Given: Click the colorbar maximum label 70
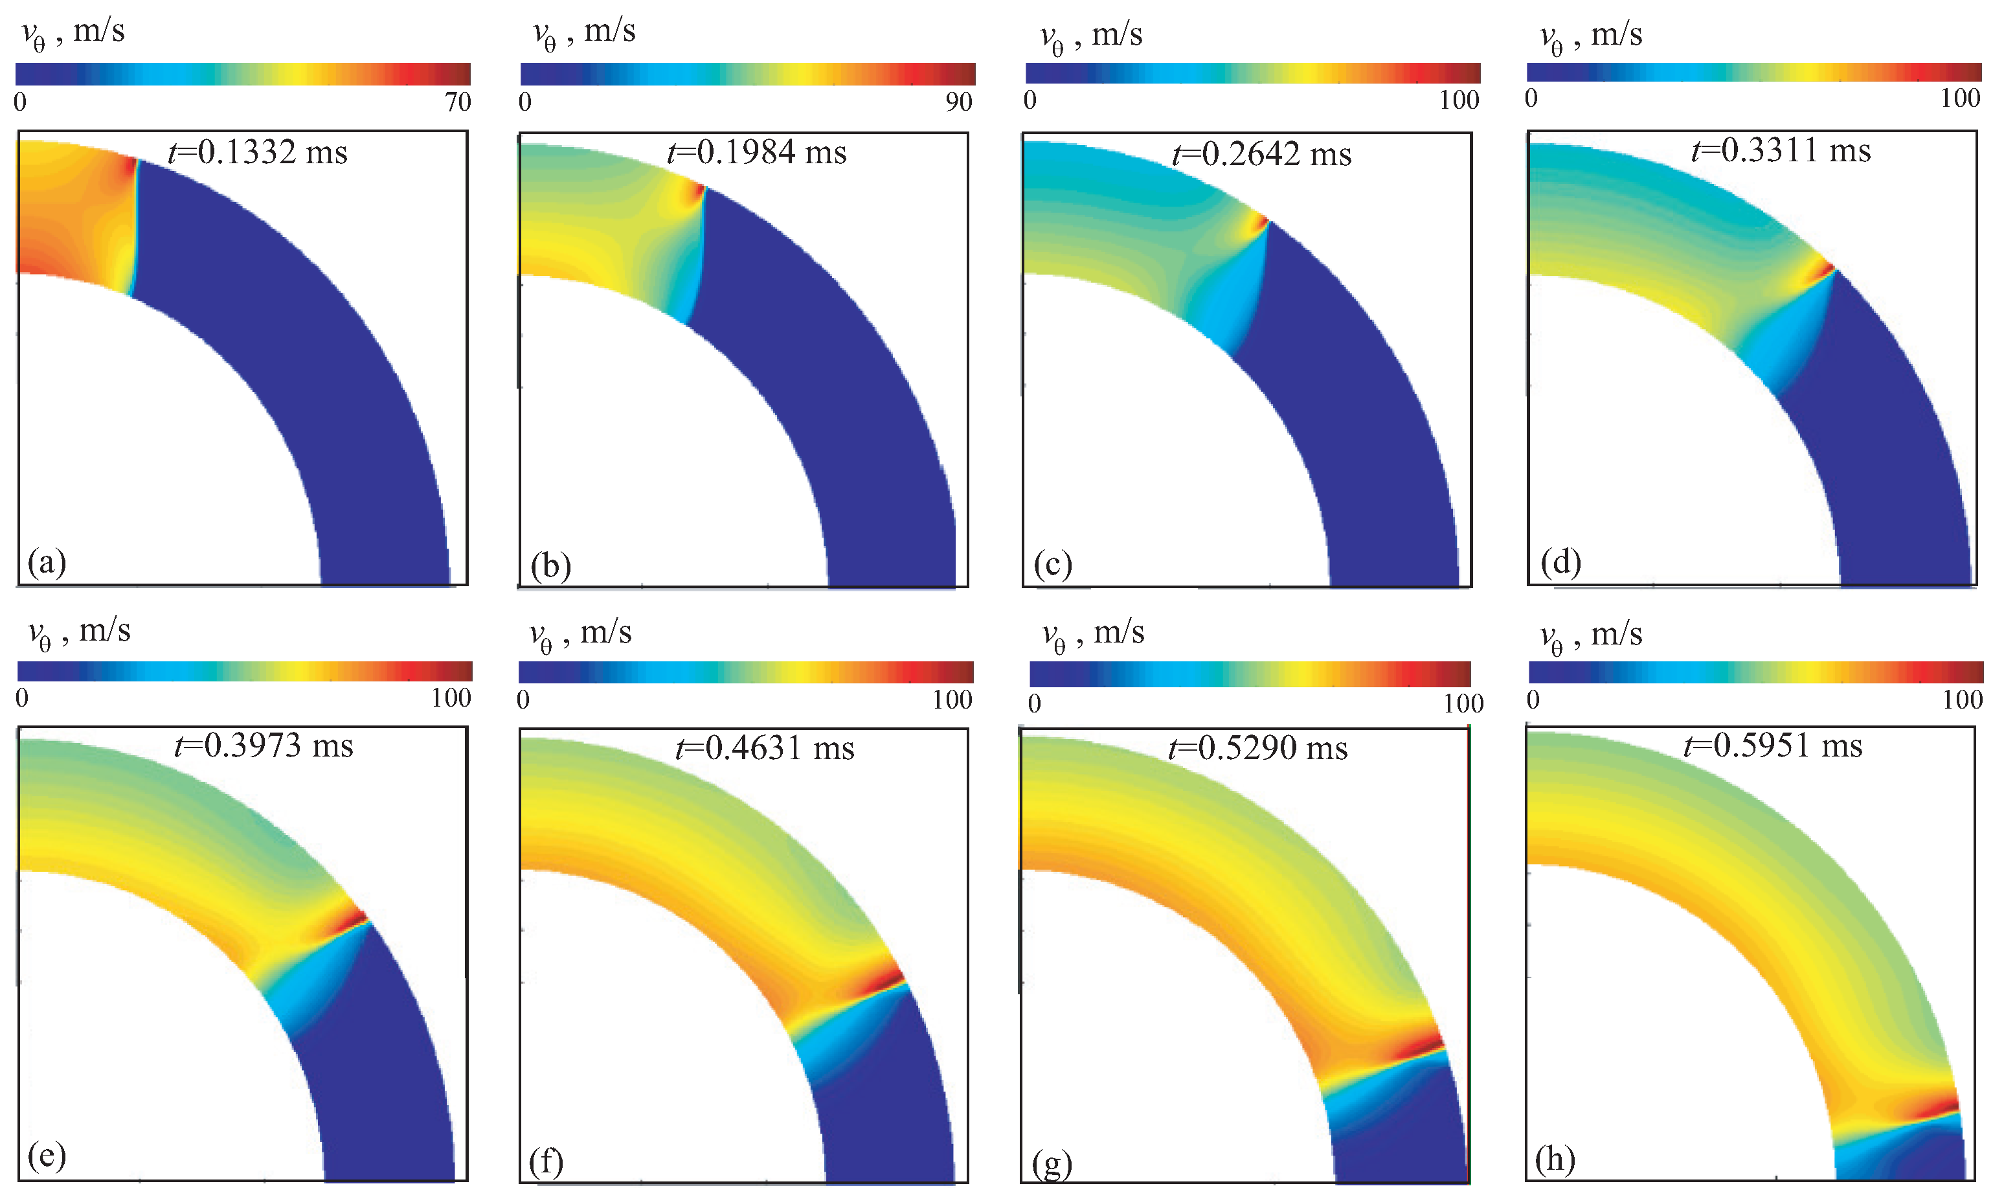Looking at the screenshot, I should click(457, 102).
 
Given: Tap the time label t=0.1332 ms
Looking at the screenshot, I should click(258, 152).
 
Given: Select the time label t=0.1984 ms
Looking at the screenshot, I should click(757, 152).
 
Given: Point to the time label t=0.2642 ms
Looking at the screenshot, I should click(1262, 154).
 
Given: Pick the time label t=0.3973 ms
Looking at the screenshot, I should click(264, 746).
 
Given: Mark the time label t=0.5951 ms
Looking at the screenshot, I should click(1773, 746).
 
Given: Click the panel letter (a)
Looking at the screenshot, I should click(47, 562).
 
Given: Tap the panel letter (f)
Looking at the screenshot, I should click(546, 1161).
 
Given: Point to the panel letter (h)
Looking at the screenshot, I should click(1555, 1159).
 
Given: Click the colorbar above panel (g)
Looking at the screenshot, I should click(1250, 674).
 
